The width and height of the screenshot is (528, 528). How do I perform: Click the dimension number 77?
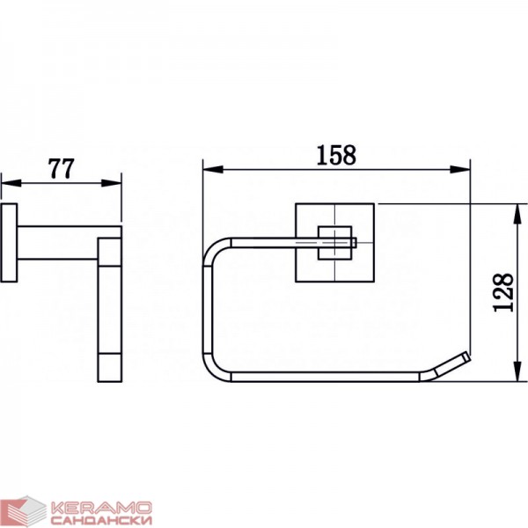pos(62,168)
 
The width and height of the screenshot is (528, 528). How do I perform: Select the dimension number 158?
pos(336,155)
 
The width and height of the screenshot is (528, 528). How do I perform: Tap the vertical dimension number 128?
pos(503,292)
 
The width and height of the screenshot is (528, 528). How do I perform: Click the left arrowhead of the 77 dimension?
pos(11,183)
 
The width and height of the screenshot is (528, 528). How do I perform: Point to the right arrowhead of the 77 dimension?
pos(111,183)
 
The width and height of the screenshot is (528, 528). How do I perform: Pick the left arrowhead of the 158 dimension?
pos(213,169)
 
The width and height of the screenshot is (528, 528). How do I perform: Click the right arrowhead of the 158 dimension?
pos(460,169)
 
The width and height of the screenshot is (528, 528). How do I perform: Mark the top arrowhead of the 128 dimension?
pos(517,214)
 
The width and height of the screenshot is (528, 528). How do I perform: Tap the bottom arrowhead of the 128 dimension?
pos(517,371)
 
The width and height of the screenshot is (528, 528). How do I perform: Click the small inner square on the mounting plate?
pos(335,243)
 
